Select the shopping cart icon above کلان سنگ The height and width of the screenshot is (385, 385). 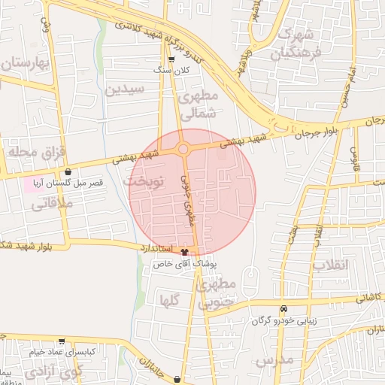[x=172, y=59]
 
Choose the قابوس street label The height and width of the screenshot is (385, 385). [x=353, y=156]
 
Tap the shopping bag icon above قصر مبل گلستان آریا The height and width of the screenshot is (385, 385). [x=68, y=171]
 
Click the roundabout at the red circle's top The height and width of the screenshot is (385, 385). [x=183, y=149]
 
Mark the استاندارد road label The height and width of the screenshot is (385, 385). [x=156, y=247]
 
